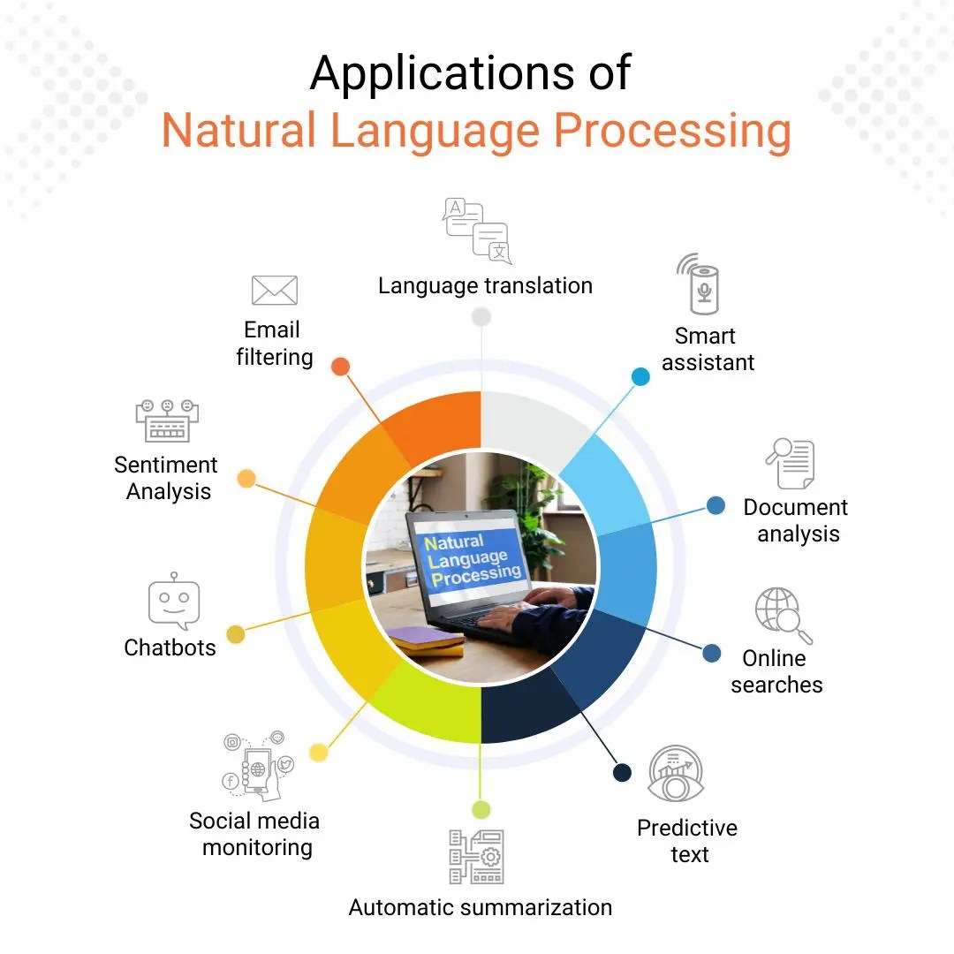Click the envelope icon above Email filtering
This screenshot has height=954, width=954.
(274, 290)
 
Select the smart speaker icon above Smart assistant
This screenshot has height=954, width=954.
(702, 284)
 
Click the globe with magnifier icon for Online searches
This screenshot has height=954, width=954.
(782, 615)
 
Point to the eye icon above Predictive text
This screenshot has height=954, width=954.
(676, 774)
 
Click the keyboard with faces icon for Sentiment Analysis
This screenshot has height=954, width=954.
(167, 420)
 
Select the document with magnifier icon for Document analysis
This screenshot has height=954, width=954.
(791, 464)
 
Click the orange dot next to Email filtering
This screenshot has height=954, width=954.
(340, 367)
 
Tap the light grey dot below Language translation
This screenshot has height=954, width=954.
(481, 316)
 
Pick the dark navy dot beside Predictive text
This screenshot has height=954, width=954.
(623, 773)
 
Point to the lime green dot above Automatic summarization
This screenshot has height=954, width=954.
(481, 809)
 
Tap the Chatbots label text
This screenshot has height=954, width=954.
(170, 647)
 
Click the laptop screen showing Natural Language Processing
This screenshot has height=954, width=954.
(473, 558)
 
